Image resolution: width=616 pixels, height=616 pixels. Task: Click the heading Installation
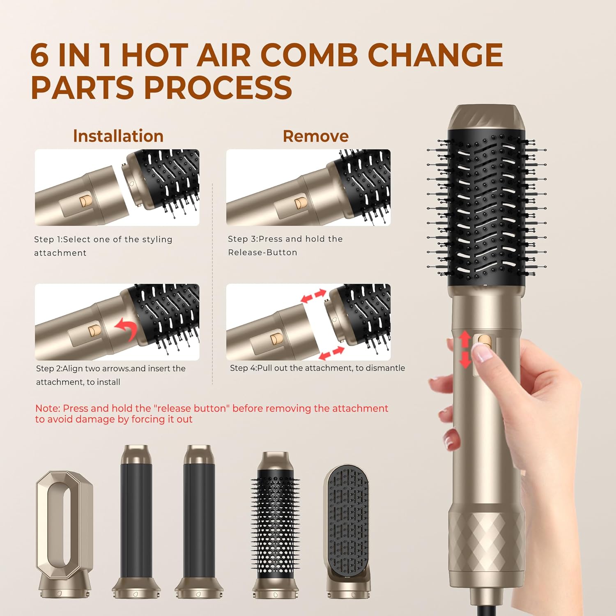pos(118,136)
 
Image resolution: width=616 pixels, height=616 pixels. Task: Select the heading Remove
pos(315,136)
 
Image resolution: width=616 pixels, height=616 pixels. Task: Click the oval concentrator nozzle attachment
pos(64,534)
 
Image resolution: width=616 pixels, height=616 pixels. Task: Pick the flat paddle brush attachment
pos(347,532)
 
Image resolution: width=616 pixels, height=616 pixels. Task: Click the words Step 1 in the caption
pos(47,239)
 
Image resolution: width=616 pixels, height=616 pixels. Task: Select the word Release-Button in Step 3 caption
pos(262,253)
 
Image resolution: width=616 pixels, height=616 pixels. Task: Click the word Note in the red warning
pos(47,408)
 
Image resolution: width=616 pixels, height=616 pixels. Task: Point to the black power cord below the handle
pos(489,604)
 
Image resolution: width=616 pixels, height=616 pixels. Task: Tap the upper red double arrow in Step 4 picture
pos(313,296)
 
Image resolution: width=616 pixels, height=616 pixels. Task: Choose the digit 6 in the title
pos(40,55)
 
